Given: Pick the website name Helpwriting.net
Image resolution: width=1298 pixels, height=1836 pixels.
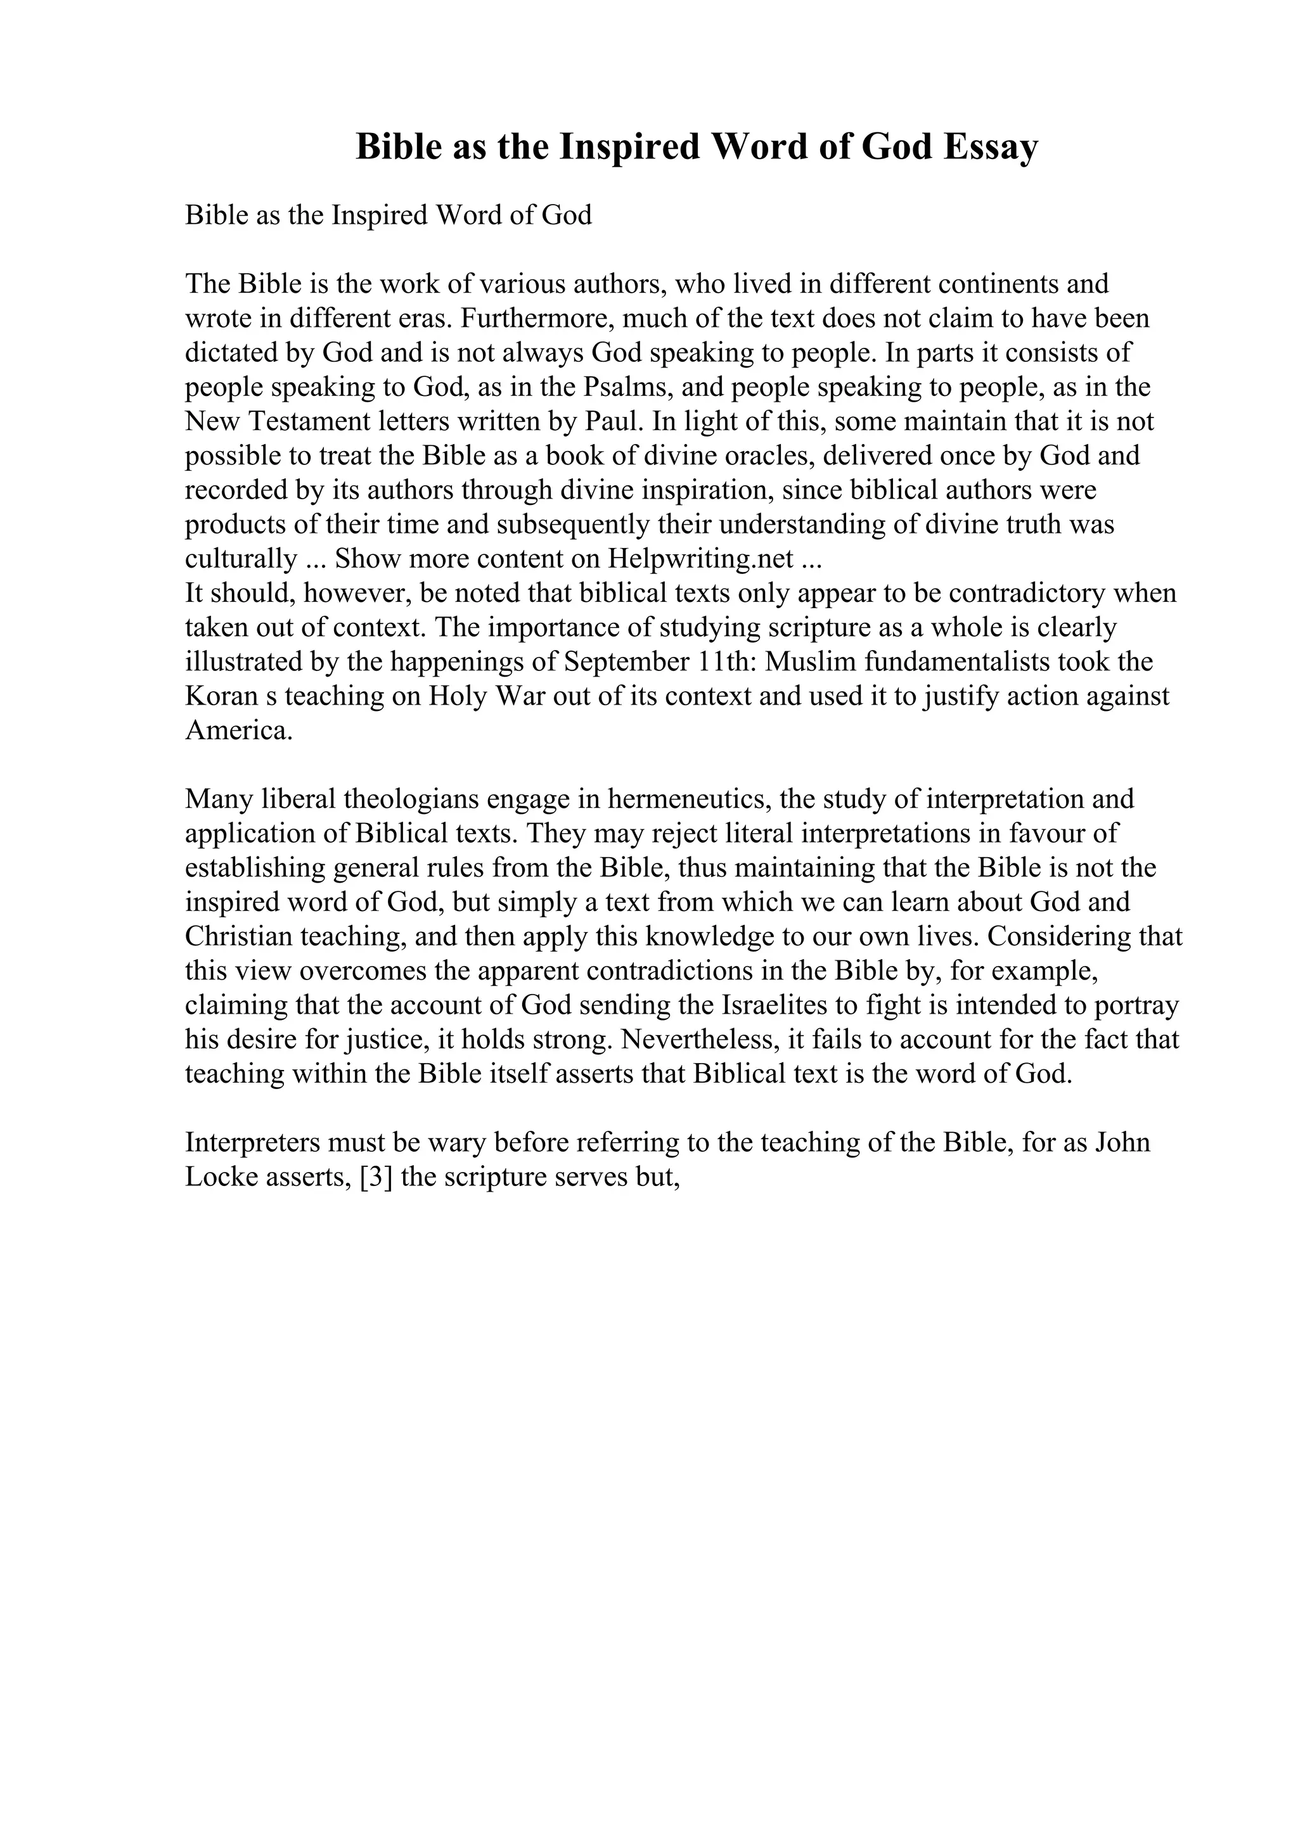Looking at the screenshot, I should pyautogui.click(x=700, y=559).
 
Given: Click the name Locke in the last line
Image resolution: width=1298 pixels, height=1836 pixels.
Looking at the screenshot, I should pyautogui.click(x=220, y=1177).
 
